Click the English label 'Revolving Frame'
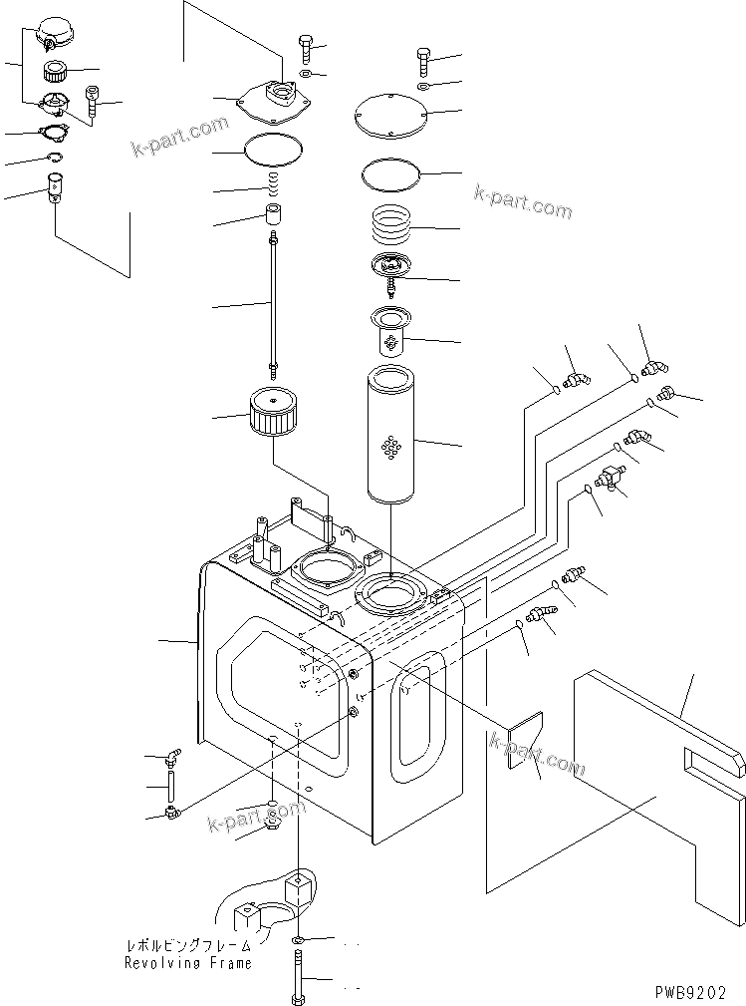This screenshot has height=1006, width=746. [187, 963]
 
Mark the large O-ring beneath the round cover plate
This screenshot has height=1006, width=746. [391, 173]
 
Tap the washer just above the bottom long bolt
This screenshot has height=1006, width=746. [300, 940]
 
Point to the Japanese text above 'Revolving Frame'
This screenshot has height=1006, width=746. [187, 944]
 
